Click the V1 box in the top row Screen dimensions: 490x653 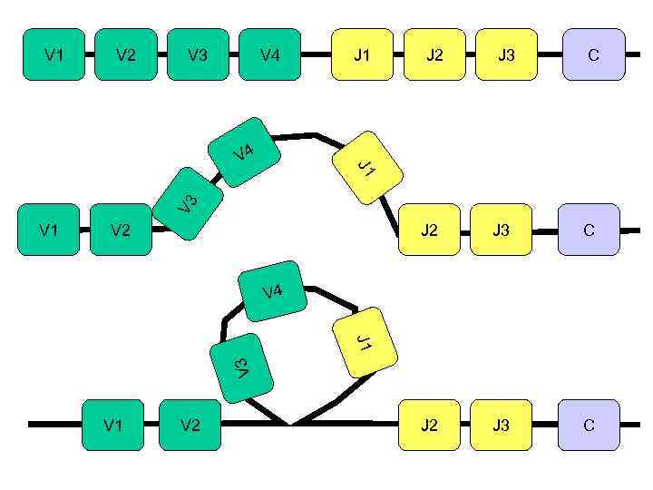point(54,54)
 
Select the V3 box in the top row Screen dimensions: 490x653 point(198,54)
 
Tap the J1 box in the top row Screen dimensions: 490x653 point(362,54)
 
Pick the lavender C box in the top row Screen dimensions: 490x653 point(594,54)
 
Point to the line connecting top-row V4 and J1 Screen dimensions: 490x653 point(316,54)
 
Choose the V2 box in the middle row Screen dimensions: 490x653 point(122,230)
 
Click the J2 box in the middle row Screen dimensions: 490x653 point(429,230)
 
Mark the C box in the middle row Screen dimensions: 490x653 point(590,230)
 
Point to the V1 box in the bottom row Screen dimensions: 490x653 point(113,425)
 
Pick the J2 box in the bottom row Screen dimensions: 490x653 point(429,425)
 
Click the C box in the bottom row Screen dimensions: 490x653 point(590,425)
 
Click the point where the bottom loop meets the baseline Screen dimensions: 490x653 point(289,424)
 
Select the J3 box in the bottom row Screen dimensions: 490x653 point(501,425)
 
